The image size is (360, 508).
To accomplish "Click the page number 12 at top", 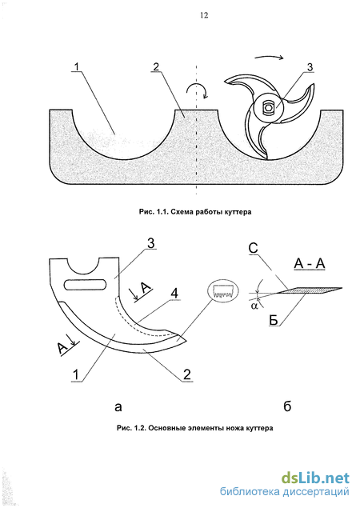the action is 204,15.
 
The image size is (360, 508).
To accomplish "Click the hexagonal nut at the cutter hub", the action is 268,107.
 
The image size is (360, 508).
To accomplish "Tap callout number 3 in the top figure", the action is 310,67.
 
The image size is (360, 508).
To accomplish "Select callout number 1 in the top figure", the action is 76,66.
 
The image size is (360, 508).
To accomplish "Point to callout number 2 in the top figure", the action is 156,66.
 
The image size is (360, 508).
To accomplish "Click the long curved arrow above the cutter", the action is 270,57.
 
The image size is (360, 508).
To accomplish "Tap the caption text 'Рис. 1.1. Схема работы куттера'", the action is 195,212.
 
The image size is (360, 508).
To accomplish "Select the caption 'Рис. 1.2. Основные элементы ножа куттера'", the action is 194,428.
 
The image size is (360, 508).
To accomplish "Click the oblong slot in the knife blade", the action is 86,284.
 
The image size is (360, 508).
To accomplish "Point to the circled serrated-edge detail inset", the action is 222,291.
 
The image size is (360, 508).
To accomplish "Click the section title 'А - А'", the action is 310,264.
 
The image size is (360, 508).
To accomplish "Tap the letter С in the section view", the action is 253,248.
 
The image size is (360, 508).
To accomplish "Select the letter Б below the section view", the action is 274,321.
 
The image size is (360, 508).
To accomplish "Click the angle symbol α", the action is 254,306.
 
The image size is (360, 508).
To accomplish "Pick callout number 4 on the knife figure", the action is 174,294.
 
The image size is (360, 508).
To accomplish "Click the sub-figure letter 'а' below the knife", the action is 118,406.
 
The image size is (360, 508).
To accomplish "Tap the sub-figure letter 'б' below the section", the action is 287,406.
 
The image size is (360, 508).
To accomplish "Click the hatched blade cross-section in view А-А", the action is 310,291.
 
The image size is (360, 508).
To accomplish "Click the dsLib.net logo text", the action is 315,478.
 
